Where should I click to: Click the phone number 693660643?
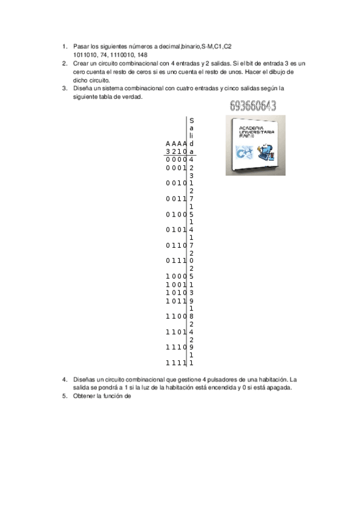coord(252,106)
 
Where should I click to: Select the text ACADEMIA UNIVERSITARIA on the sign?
coord(257,131)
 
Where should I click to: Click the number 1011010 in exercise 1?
coord(83,54)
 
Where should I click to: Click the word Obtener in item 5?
coord(85,396)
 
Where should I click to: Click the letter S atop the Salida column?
coord(191,120)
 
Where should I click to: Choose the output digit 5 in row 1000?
coord(191,277)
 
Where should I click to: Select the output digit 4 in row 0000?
coord(191,159)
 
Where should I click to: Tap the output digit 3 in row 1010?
coord(191,292)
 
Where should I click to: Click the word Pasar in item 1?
coord(81,46)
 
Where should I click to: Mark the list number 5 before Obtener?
coord(64,396)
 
